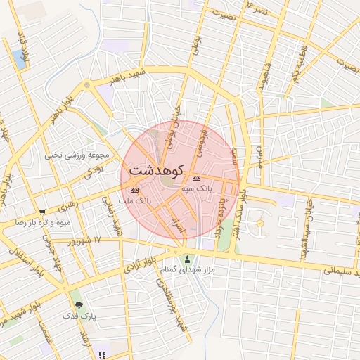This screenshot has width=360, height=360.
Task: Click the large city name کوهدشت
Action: tap(157, 171)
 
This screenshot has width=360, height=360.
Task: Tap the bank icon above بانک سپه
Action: tap(196, 178)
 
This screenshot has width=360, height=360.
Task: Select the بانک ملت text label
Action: tap(136, 201)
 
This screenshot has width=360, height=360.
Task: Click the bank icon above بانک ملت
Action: tap(135, 190)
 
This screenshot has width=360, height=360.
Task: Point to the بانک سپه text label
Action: tap(196, 188)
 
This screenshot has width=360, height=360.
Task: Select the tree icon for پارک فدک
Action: tap(79, 305)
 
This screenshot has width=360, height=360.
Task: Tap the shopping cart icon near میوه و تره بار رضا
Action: tap(43, 212)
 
